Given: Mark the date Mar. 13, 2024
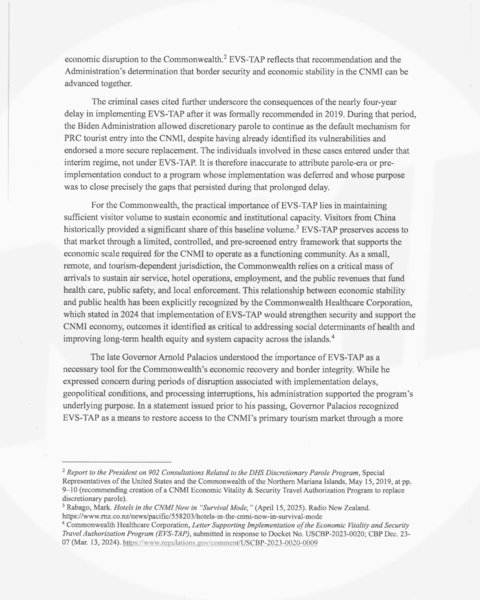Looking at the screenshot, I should point(96,543).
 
